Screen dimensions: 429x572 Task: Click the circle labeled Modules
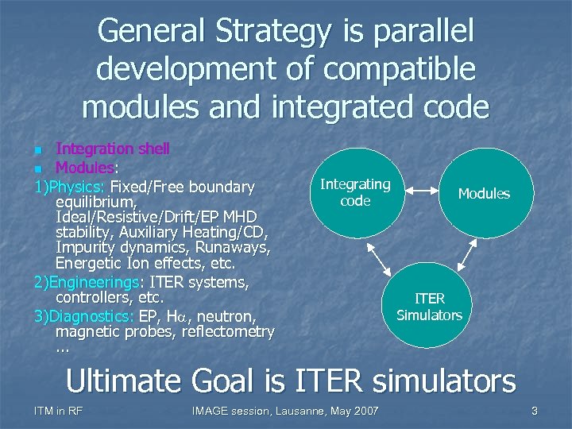(x=484, y=193)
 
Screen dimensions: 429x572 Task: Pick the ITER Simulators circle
(x=429, y=307)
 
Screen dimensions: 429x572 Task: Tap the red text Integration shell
(x=113, y=149)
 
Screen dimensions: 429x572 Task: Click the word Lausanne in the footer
(x=308, y=411)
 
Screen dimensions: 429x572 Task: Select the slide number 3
(x=535, y=411)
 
